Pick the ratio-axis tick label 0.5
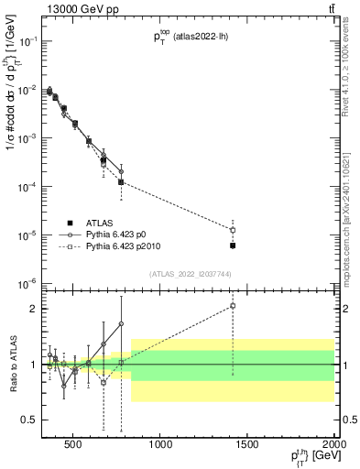coord(31,420)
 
